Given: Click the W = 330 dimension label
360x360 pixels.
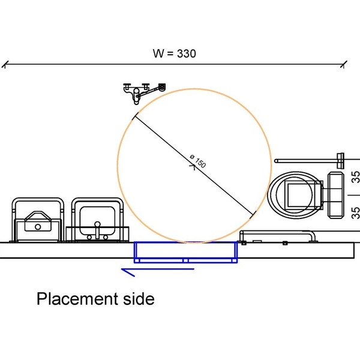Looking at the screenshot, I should click(174, 53).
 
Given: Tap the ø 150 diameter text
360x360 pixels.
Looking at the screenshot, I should click(197, 161).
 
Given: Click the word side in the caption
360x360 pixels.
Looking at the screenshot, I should click(139, 298).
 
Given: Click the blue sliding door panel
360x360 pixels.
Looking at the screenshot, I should click(185, 252).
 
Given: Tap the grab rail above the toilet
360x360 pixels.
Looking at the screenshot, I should click(309, 161).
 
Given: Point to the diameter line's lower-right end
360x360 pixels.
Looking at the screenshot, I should click(255, 214).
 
